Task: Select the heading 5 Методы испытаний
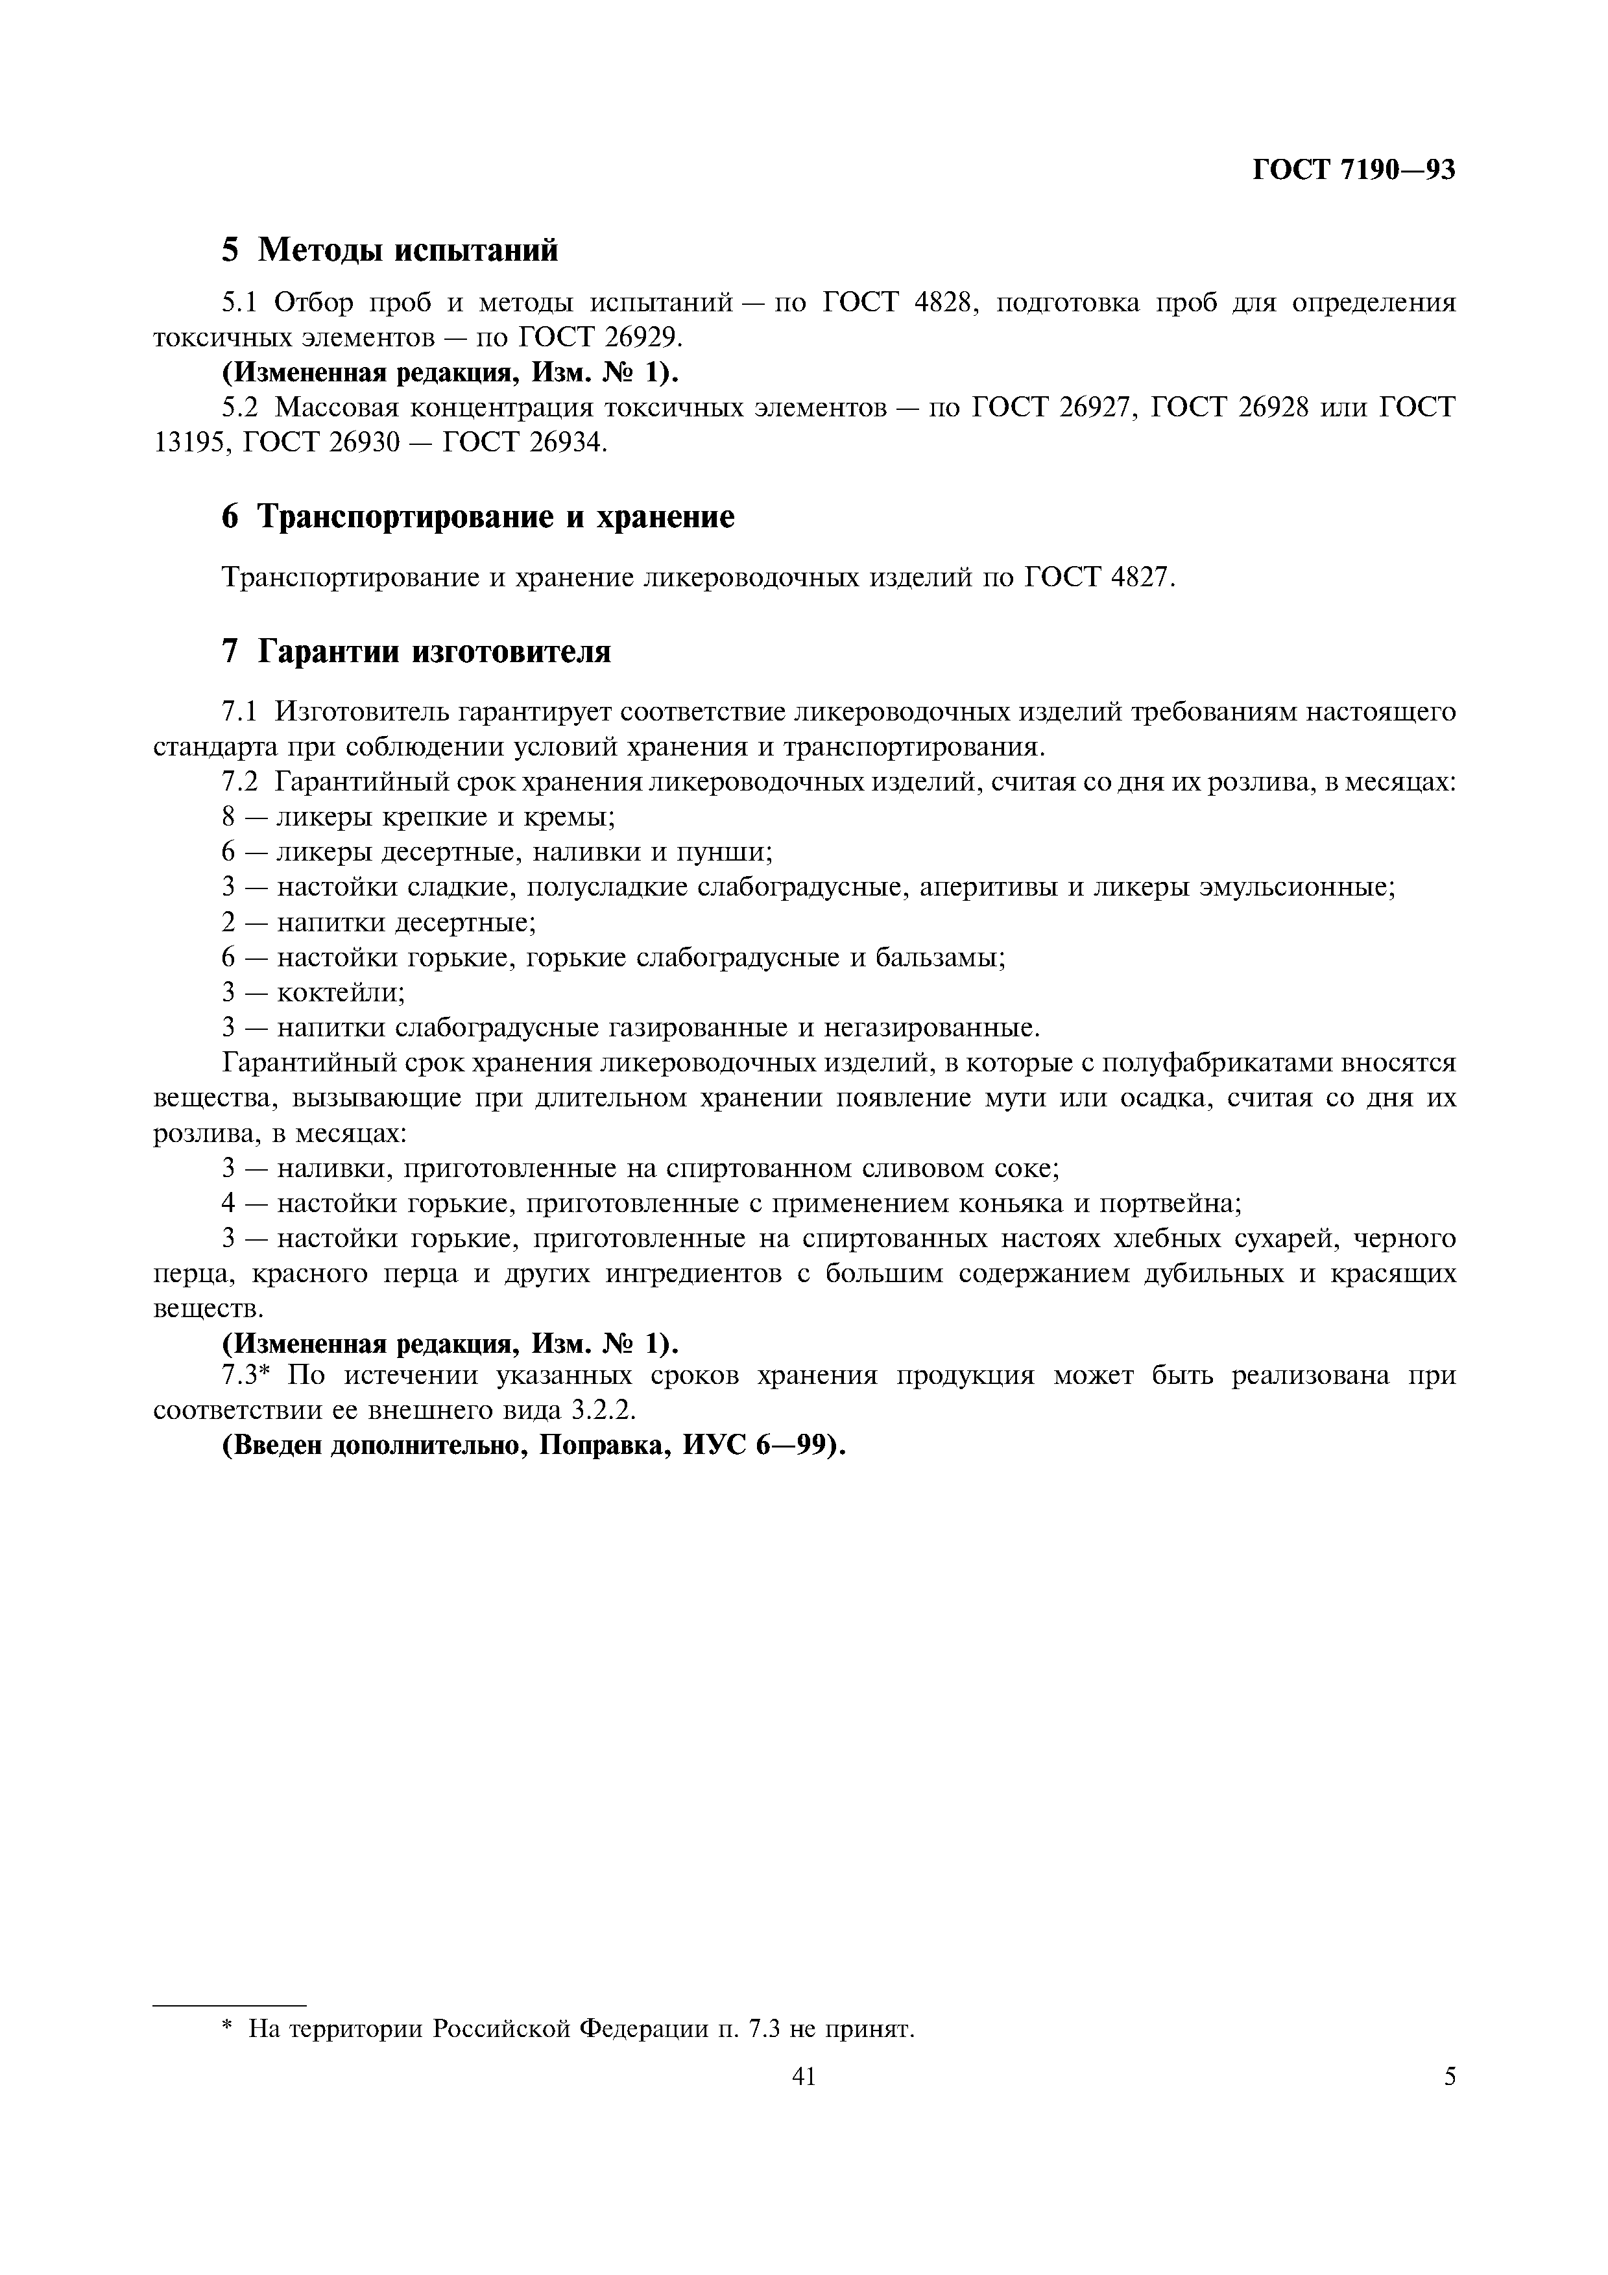tap(389, 250)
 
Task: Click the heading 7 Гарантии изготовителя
tap(416, 651)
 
